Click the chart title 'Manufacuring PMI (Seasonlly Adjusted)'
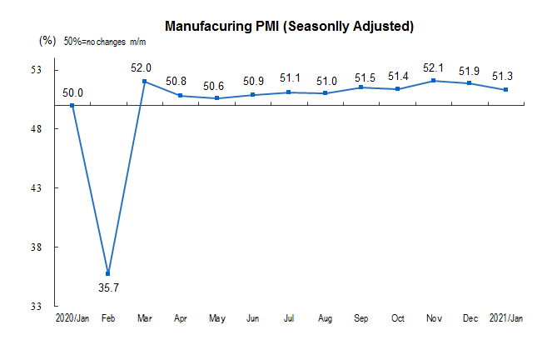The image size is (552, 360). (289, 26)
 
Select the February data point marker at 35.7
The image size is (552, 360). (108, 273)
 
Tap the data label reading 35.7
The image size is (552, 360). (108, 287)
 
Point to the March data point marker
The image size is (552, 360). (144, 82)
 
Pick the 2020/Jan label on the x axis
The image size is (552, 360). (72, 317)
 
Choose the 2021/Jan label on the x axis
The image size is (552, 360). (505, 317)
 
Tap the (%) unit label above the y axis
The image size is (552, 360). (47, 40)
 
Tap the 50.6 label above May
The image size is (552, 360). (216, 85)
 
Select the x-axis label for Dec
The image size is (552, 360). (470, 317)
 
